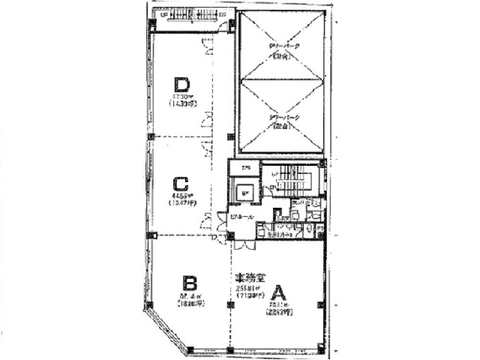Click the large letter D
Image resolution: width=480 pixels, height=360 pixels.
click(x=181, y=83)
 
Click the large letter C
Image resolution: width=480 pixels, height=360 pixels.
click(x=180, y=184)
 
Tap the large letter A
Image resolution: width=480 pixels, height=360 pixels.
click(x=279, y=291)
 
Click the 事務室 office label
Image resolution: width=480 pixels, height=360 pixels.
click(x=248, y=277)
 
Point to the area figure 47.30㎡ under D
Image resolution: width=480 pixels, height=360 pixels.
click(x=181, y=97)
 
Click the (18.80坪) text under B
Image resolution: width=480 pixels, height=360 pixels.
click(x=190, y=304)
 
